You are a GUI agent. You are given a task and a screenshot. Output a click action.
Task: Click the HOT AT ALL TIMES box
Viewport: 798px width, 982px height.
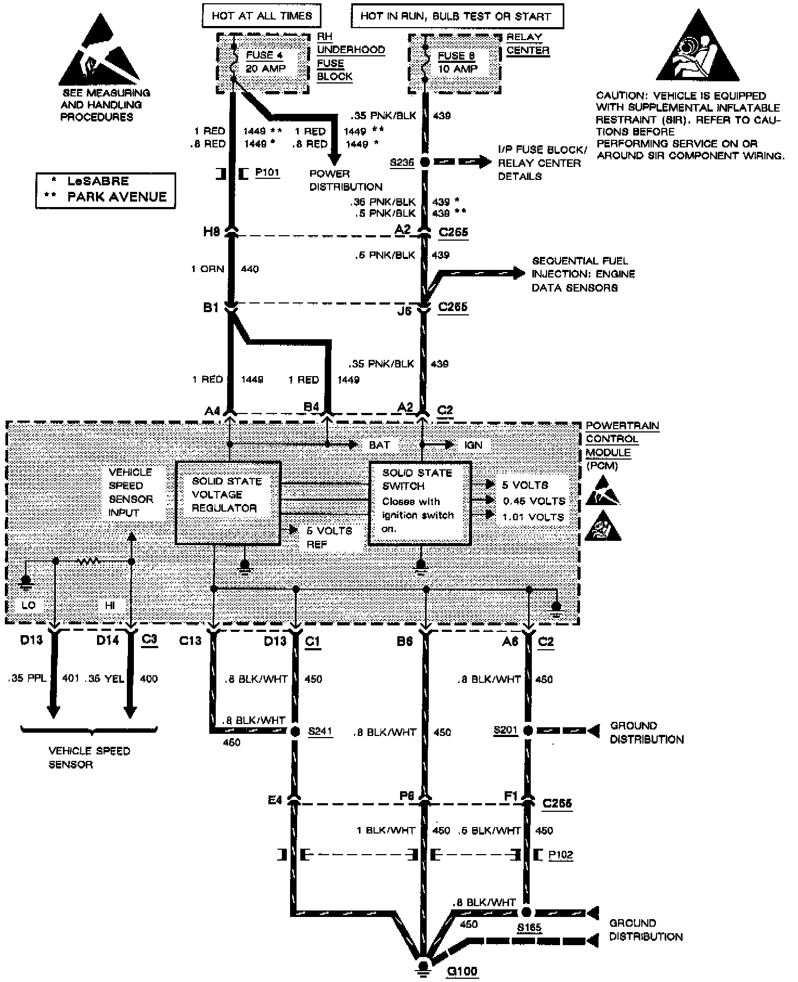261,16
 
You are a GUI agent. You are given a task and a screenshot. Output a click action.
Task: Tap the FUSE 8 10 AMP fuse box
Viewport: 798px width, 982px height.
454,62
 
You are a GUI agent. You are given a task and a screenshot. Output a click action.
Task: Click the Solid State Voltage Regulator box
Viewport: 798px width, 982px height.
228,502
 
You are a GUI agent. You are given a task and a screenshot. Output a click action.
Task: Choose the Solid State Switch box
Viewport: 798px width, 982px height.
420,502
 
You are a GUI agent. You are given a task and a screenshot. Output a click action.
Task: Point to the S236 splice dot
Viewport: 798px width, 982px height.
424,162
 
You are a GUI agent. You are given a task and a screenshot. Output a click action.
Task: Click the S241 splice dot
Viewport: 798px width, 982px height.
295,732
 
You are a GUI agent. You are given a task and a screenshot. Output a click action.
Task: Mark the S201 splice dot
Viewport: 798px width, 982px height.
527,731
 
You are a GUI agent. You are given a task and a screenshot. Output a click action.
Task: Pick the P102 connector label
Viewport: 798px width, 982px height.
560,855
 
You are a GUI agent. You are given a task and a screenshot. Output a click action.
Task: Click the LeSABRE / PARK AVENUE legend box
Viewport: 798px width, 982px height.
106,190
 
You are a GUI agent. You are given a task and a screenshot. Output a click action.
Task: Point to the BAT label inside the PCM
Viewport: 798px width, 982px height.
379,445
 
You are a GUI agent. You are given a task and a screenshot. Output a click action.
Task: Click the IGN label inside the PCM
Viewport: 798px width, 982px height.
473,445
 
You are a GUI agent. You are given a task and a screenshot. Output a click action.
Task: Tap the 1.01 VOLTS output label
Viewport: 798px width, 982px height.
533,517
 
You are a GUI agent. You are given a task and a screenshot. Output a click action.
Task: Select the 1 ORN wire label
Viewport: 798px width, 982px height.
208,269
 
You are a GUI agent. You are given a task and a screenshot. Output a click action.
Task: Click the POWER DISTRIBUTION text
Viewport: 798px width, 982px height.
346,180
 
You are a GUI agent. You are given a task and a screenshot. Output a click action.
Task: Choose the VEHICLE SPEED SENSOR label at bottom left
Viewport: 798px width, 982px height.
89,758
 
